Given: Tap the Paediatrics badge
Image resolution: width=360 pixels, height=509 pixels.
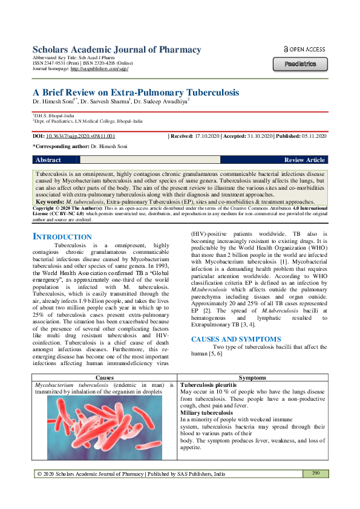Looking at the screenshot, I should coord(301,63).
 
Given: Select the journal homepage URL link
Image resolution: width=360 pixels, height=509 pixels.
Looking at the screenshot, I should coord(99,70).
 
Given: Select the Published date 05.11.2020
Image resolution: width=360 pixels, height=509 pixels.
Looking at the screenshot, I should coord(315,137).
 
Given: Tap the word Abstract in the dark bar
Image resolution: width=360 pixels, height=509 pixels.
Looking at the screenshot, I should coord(48,160).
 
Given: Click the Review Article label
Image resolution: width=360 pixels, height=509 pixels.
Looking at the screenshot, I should coord(304,160).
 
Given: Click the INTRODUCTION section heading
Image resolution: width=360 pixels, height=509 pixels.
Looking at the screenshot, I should coord(62,236).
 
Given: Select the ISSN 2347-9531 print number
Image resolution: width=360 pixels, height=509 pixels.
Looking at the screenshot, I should coord(54,64).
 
